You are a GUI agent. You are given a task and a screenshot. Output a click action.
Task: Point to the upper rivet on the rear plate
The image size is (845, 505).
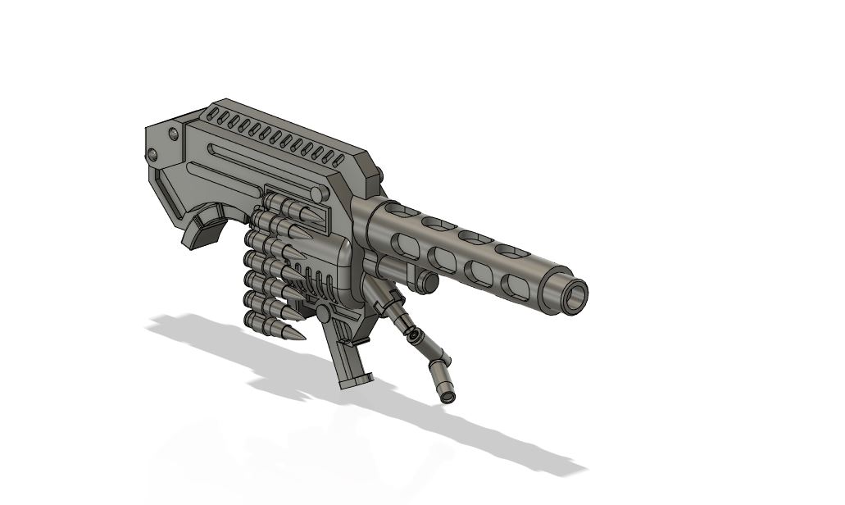pyautogui.click(x=173, y=134)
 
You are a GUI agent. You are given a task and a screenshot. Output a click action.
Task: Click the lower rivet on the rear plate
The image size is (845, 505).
pyautogui.click(x=152, y=155)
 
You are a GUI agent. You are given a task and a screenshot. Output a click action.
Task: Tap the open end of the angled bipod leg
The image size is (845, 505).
pyautogui.click(x=448, y=397)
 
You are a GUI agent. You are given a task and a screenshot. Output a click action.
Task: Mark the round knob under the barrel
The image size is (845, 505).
pyautogui.click(x=427, y=282)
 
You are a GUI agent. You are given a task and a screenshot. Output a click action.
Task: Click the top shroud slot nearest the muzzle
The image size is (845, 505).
pyautogui.click(x=511, y=251)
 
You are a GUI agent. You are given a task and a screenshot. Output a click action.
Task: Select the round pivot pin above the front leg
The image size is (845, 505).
pyautogui.click(x=323, y=313)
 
